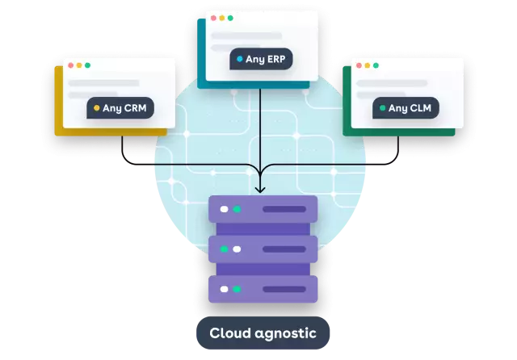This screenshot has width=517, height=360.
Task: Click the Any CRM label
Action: (x=120, y=107)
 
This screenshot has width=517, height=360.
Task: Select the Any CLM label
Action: (x=406, y=107)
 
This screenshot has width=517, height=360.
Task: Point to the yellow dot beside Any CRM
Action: (x=96, y=107)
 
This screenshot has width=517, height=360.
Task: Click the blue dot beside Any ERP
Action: (x=240, y=59)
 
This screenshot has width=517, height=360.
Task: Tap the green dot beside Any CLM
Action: (x=382, y=107)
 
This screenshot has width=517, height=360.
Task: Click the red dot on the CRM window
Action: (x=69, y=65)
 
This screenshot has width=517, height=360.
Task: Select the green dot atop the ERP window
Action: (x=230, y=18)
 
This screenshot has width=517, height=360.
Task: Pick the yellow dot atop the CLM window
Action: (x=367, y=65)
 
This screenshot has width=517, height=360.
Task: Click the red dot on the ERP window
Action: (x=212, y=18)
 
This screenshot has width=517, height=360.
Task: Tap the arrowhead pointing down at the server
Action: (x=259, y=189)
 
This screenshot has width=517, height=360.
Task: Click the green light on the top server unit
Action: (x=236, y=209)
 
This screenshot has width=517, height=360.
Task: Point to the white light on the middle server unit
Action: (x=236, y=249)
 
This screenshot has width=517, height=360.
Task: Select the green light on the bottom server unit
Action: (x=236, y=289)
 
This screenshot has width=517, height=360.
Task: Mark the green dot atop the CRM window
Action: (x=87, y=65)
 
